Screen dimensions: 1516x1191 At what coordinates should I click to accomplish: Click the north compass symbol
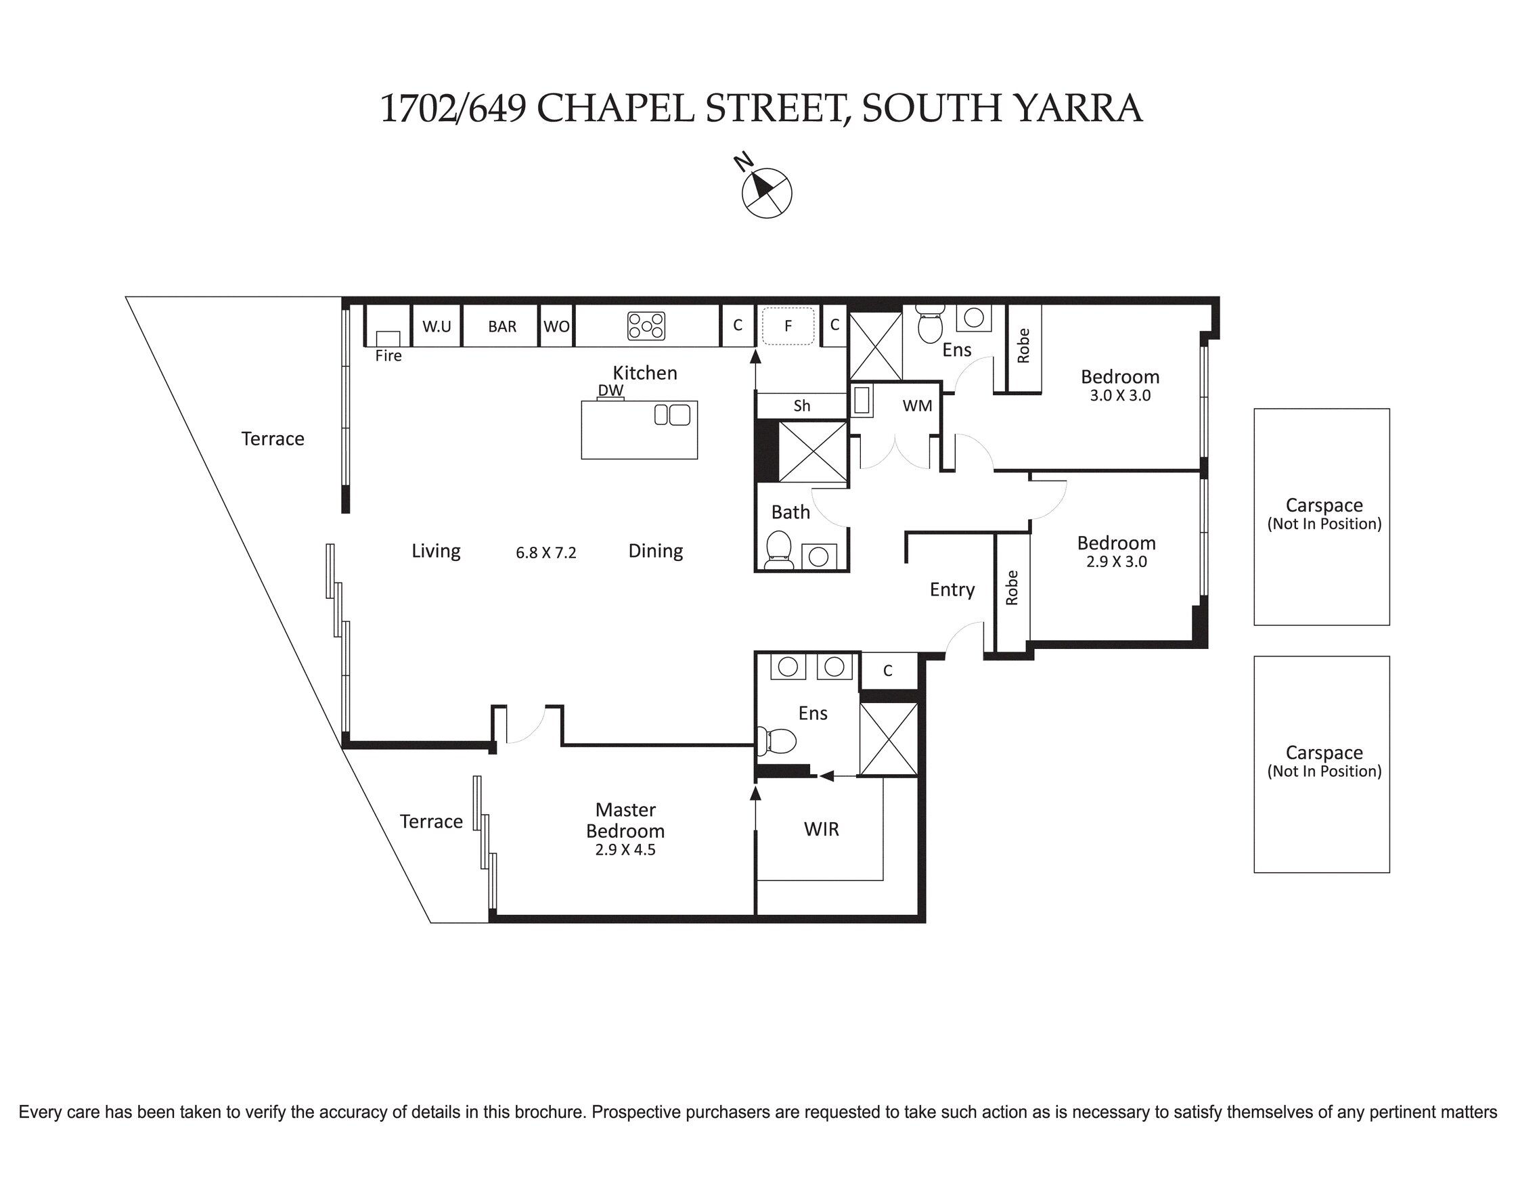(765, 191)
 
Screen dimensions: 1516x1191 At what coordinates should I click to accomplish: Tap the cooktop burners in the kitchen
(646, 325)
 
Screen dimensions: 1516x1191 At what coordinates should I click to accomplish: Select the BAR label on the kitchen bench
(502, 326)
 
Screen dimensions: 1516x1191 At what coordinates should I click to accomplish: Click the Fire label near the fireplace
(388, 356)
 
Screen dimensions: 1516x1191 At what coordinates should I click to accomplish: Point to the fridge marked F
(788, 325)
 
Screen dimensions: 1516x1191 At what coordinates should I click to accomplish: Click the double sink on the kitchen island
(672, 415)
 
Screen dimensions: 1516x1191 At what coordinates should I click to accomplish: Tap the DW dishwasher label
(610, 390)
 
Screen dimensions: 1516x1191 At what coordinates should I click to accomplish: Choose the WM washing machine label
(917, 406)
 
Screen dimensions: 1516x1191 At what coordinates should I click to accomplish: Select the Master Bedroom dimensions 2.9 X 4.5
(625, 850)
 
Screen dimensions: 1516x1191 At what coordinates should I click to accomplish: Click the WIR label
(822, 829)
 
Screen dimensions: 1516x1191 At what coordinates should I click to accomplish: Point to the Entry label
(952, 590)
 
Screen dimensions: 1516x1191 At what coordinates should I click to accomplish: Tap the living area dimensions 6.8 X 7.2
(546, 553)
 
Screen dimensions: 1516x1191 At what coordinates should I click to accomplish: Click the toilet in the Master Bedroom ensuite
(776, 741)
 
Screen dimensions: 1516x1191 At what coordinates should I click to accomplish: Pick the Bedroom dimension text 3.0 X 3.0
(1120, 395)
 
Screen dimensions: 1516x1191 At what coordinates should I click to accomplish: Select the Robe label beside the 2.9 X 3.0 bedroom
(1012, 588)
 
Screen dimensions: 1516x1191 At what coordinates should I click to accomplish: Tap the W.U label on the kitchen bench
(437, 326)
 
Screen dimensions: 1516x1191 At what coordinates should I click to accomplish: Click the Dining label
(656, 552)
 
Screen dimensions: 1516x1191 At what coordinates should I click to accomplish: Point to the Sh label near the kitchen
(802, 406)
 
